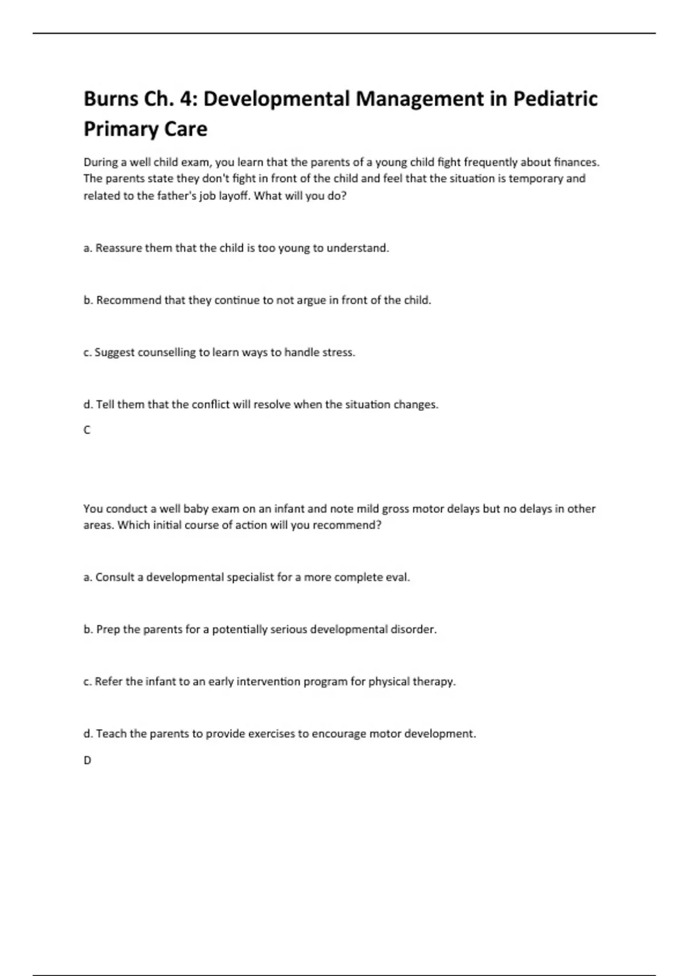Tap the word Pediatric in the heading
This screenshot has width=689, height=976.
(x=555, y=99)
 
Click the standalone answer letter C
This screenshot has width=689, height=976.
(x=87, y=430)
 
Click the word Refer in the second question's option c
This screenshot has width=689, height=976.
(x=109, y=682)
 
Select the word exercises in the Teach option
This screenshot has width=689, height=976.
(x=260, y=734)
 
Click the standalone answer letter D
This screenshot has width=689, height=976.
(x=87, y=760)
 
